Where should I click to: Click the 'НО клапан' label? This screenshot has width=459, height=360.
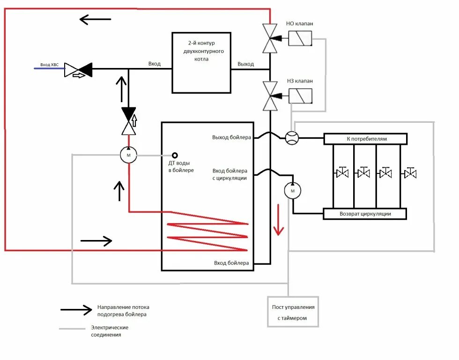(299, 23)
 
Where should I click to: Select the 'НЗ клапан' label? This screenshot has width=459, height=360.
(300, 81)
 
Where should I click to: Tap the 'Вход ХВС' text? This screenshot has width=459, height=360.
(50, 65)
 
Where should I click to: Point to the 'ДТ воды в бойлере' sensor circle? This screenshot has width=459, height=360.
(175, 155)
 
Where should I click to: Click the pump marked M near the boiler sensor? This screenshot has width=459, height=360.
(128, 155)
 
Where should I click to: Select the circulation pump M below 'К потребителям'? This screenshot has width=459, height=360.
(292, 191)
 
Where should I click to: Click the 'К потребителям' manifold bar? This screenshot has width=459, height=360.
(365, 139)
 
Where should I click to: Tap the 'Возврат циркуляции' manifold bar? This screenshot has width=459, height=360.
(365, 214)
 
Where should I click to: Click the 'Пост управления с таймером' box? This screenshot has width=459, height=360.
(293, 312)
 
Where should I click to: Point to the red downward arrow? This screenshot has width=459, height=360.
(278, 220)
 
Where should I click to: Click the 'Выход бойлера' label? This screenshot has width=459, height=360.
(231, 137)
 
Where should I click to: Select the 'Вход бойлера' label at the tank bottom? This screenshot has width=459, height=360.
(231, 263)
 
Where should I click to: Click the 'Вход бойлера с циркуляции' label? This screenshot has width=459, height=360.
(230, 174)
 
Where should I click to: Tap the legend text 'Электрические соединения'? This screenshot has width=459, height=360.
(110, 331)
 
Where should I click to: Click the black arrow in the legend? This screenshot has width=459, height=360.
(76, 310)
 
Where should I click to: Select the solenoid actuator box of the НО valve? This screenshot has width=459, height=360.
(300, 38)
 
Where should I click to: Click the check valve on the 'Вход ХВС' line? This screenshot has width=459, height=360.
(78, 70)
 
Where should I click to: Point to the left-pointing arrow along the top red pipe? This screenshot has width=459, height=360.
(96, 20)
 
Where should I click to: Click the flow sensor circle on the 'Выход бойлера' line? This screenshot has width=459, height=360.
(292, 138)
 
